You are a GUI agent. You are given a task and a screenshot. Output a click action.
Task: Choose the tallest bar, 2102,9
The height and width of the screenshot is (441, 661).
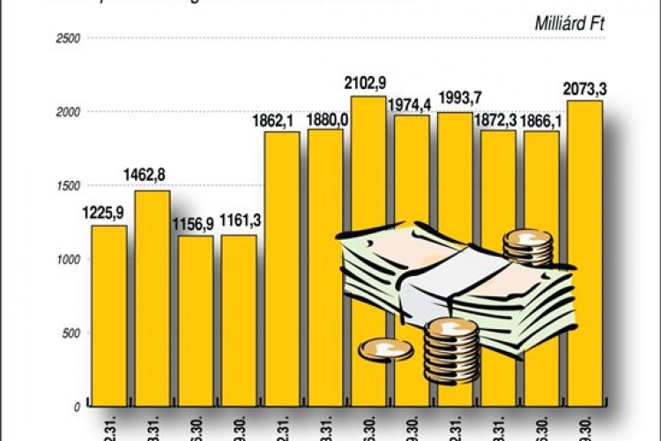point(368,176)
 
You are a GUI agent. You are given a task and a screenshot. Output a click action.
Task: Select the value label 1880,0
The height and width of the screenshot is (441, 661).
point(325,120)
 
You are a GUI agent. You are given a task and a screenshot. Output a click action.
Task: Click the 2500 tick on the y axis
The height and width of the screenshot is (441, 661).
point(69,39)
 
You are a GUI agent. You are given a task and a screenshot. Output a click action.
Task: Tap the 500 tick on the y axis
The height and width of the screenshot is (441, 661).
point(71,333)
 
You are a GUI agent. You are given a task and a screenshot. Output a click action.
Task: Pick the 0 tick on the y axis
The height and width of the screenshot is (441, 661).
point(77,407)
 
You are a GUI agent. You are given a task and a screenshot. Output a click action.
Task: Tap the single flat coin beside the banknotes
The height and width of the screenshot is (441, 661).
point(385,350)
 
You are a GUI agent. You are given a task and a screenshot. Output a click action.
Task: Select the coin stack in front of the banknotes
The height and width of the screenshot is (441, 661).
point(450,350)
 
